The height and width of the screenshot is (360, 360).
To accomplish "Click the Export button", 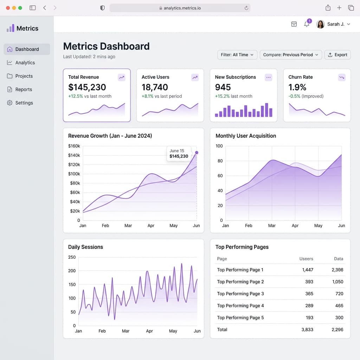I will pos(337,55).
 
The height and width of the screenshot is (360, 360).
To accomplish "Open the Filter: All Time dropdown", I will pos(237,55).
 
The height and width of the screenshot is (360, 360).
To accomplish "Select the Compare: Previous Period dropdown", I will pos(290,55).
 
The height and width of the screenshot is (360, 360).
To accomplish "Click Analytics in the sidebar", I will pos(25,63).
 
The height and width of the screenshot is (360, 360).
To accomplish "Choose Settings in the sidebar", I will pos(24,103).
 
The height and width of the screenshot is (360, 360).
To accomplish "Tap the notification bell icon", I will pos(307,24).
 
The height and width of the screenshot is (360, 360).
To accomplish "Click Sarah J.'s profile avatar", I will pos(320,24).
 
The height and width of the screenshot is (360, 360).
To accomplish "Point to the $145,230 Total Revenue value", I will pos(87,87).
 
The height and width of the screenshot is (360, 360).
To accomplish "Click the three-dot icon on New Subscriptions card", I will pos(268,77).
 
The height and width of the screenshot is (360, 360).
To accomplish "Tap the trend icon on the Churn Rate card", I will pos(342,77).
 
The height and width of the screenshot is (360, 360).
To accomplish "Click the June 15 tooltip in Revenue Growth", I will pos(179,154).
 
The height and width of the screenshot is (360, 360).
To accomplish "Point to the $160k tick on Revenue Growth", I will pos(74,146).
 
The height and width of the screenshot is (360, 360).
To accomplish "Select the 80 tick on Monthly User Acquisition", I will pos(220,161).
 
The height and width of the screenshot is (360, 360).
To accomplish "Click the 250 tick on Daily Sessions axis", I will pos(72,257).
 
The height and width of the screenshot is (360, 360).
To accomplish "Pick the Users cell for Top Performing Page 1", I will pos(307,270).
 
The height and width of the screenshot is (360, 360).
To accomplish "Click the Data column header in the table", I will pos(338,259).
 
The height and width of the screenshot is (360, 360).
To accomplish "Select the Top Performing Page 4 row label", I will pos(240,306).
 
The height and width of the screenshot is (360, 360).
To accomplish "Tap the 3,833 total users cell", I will pos(307,330).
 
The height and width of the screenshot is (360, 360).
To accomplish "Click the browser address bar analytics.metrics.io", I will pos(180,8).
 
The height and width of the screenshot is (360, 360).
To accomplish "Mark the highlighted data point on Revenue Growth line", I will pos(197,153).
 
